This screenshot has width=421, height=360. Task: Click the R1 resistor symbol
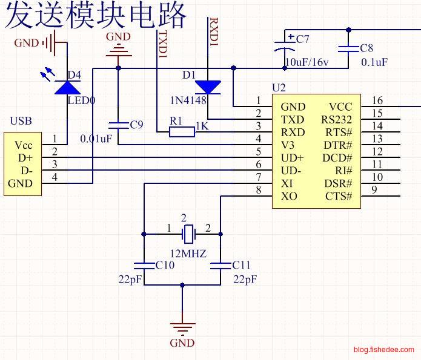tap(182, 132)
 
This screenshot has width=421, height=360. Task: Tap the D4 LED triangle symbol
tap(67, 88)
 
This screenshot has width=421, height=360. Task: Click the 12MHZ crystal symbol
tap(189, 234)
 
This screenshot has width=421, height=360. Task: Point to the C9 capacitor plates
tap(118, 125)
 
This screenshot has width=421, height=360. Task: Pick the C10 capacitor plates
tap(144, 266)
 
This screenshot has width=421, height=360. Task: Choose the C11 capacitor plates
tap(220, 266)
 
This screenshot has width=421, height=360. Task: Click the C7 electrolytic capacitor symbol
tap(285, 45)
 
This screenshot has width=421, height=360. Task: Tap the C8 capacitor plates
tap(348, 49)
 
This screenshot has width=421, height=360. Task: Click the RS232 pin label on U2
tap(336, 120)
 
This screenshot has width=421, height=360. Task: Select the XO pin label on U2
tap(289, 197)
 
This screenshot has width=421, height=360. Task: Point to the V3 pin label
tap(288, 145)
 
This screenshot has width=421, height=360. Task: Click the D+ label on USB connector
tap(25, 158)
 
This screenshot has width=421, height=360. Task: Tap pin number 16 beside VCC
tap(377, 100)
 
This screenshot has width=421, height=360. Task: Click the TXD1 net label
tap(163, 44)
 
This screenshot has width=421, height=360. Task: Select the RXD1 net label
tap(214, 31)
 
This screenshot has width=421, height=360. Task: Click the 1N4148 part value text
tap(188, 100)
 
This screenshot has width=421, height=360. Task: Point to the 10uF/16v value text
tap(307, 62)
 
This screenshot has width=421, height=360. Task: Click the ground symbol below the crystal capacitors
tap(182, 329)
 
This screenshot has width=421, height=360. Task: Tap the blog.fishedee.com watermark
tap(383, 350)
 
